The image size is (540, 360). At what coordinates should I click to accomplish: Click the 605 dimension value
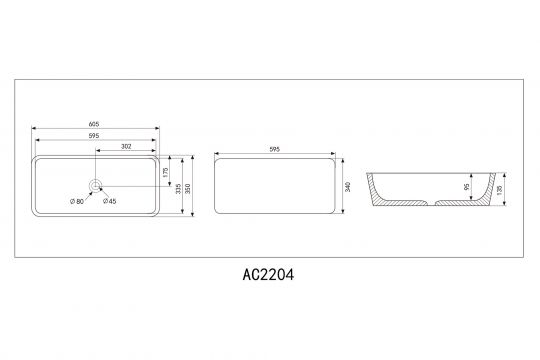pos(95,124)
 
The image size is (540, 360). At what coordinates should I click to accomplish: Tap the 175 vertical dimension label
pos(164,170)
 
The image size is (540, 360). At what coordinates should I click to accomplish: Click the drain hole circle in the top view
pos(96,186)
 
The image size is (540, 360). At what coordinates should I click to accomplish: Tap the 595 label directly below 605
pos(95,136)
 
